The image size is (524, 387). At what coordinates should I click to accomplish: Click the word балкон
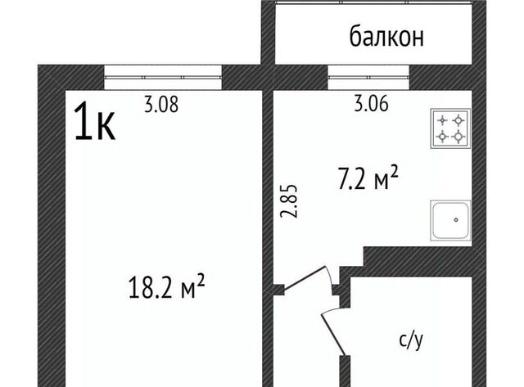tap(386, 36)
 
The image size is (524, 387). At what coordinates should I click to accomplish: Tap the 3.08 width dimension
tap(161, 104)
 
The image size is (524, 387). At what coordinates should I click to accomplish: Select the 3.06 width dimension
tap(371, 103)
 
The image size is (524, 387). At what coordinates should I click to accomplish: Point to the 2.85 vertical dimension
tap(288, 201)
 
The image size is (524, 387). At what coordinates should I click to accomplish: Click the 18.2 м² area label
tap(166, 286)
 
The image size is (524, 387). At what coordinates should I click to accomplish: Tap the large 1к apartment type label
tap(95, 121)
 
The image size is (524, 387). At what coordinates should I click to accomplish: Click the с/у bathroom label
tap(411, 340)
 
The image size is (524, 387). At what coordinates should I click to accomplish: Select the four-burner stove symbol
tap(450, 128)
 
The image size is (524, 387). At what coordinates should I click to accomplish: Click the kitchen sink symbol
tap(450, 220)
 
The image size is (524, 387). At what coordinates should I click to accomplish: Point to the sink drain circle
tap(456, 220)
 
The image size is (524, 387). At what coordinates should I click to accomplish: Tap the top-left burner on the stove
tap(442, 120)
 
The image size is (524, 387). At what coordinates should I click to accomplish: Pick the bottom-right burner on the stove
tap(458, 137)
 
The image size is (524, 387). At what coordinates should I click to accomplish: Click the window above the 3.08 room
tap(163, 77)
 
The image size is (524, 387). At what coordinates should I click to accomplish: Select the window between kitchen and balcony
tap(368, 77)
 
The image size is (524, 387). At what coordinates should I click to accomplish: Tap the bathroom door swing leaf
tap(333, 334)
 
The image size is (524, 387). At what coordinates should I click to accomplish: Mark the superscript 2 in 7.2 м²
tap(395, 173)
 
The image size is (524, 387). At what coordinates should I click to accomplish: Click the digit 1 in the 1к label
tap(82, 121)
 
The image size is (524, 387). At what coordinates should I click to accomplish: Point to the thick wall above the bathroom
tap(418, 262)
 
